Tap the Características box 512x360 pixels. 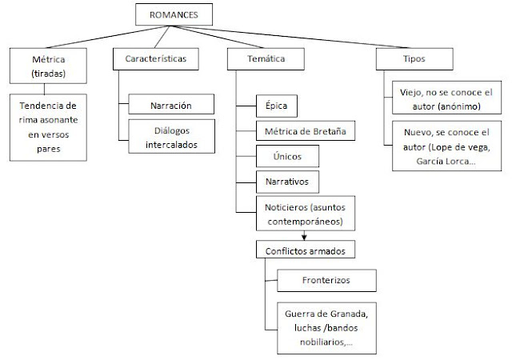(153, 59)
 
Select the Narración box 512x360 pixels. (170, 104)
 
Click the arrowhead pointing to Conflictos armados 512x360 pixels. (304, 236)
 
